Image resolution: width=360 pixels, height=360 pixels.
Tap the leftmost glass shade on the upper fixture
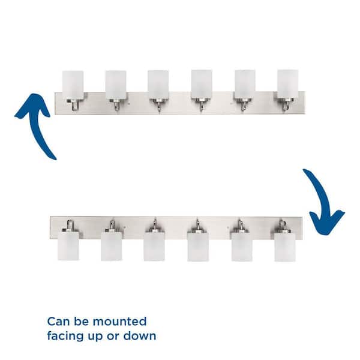[73, 85]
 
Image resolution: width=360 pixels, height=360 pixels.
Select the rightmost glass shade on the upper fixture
[287, 84]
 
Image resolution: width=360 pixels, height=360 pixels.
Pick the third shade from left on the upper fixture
[158, 85]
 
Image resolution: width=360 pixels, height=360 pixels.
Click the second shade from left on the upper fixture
[115, 85]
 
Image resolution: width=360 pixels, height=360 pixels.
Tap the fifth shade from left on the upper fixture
[244, 85]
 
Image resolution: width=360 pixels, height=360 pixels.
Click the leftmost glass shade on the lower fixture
[68, 247]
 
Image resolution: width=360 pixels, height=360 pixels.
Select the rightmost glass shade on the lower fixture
[285, 247]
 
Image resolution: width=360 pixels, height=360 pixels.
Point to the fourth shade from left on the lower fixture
[198, 247]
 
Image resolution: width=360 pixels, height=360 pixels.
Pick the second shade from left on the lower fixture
[111, 247]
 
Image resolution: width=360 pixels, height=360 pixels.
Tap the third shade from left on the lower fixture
[154, 247]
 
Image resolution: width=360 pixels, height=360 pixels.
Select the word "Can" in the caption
[58, 322]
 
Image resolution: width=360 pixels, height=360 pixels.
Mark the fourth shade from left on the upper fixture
[202, 85]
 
